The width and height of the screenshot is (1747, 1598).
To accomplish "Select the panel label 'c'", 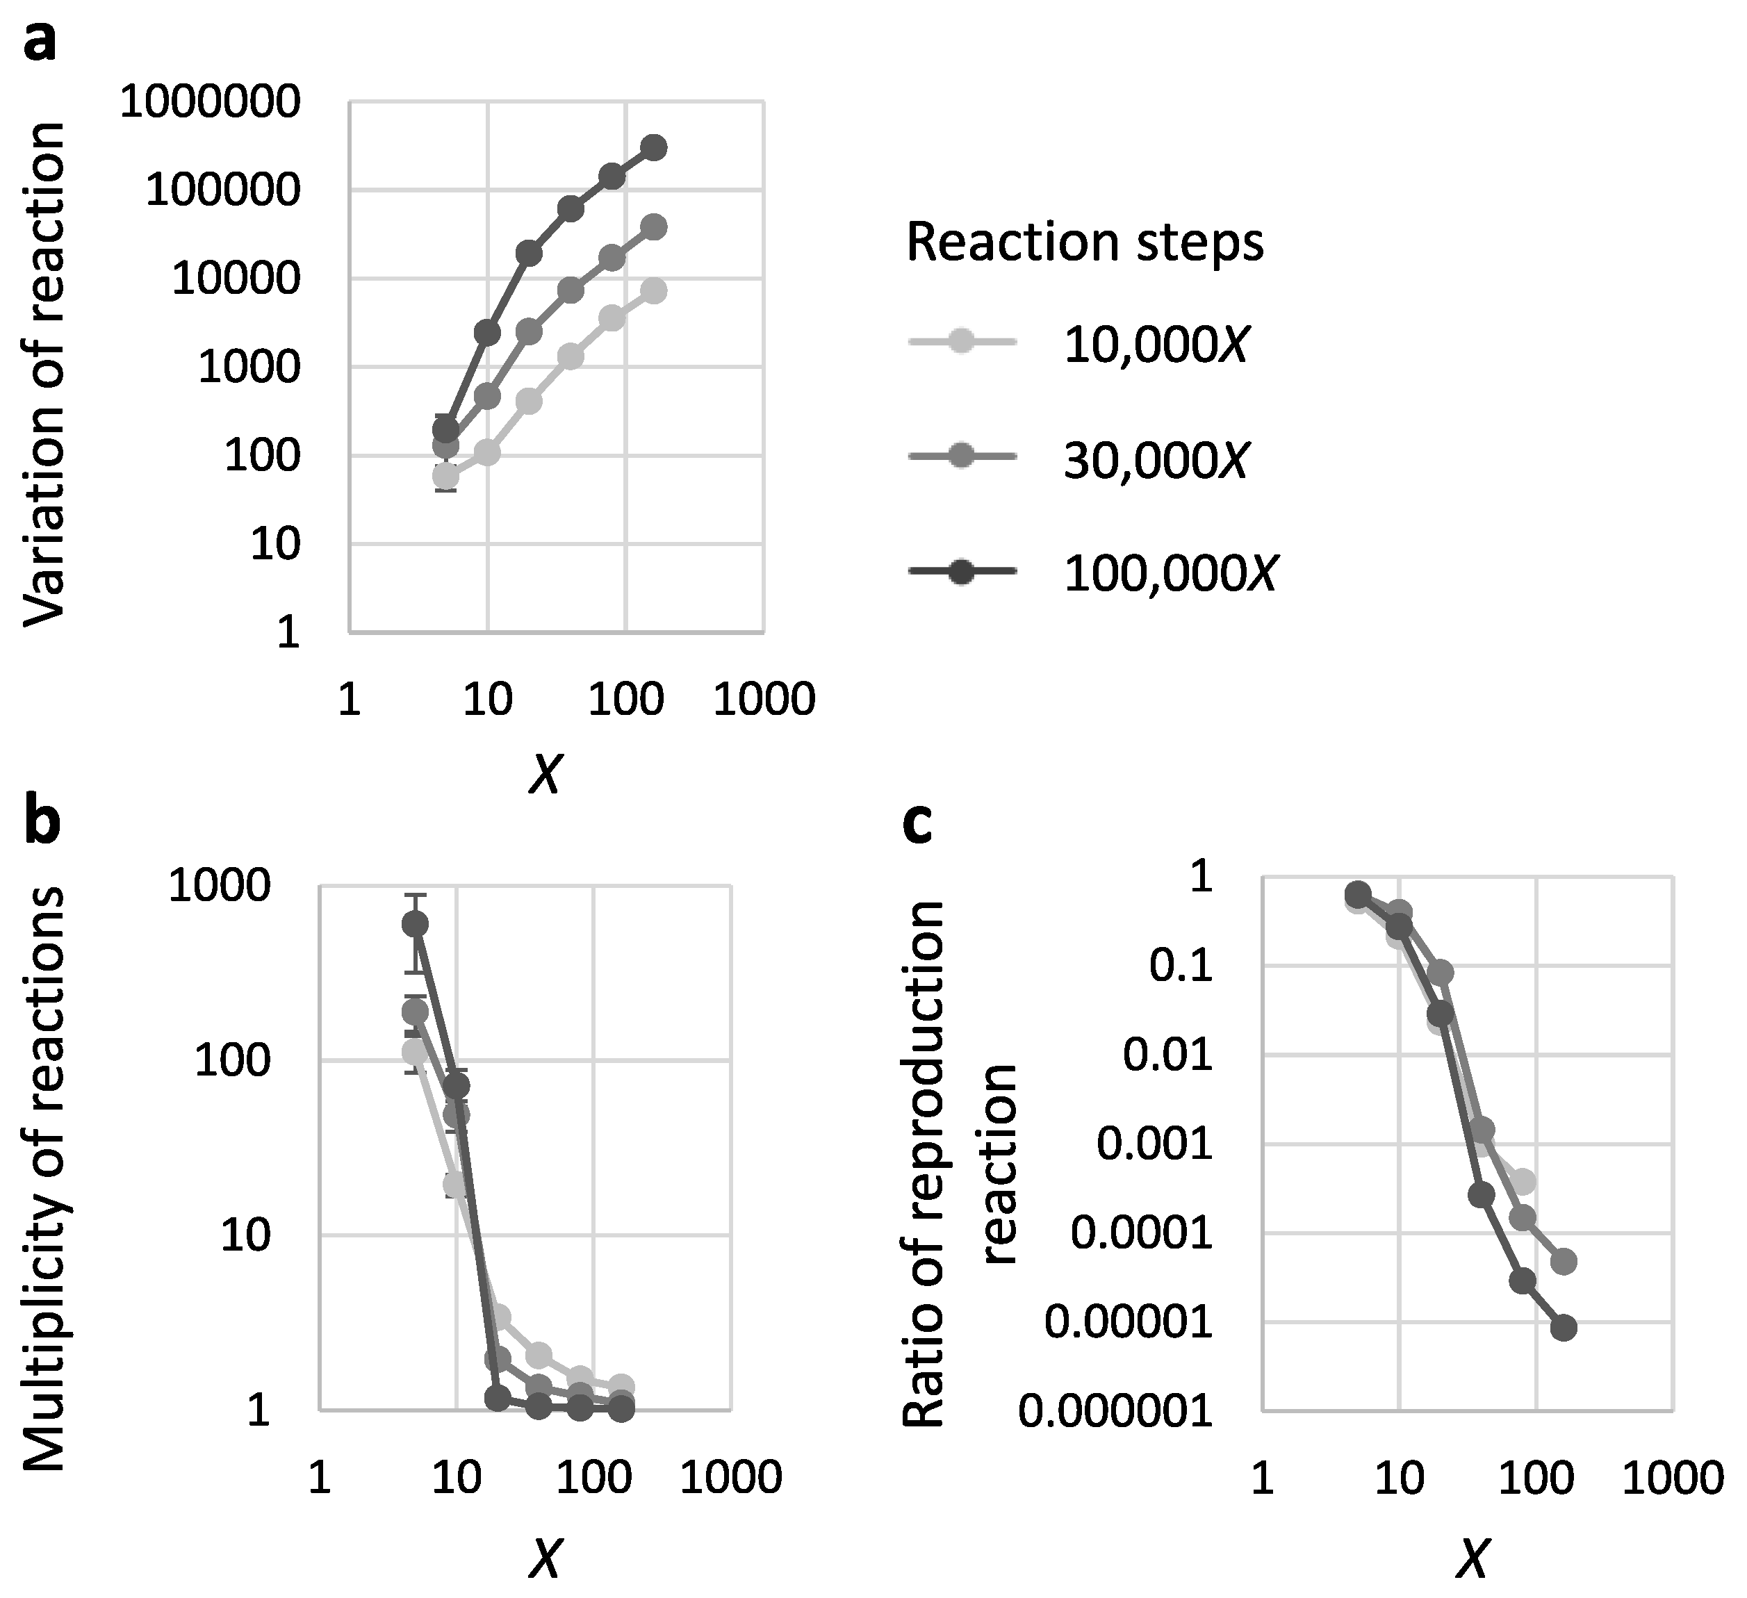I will click(x=917, y=824).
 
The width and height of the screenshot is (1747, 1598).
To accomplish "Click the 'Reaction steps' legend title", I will click(x=1084, y=242).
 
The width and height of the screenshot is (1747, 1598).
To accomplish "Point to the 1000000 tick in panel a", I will click(x=210, y=102).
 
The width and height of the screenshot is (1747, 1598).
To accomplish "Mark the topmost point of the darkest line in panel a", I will click(x=655, y=147).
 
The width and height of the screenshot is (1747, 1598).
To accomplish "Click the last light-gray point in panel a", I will click(x=655, y=291).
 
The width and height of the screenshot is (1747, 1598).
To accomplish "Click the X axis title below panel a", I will click(x=545, y=774).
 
